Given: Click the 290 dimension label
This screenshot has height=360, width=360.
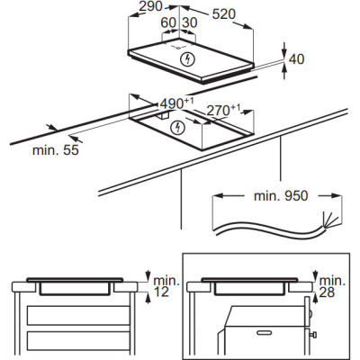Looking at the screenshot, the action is pyautogui.click(x=150, y=6).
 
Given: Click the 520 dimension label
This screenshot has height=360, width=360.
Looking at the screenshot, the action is pyautogui.click(x=224, y=13).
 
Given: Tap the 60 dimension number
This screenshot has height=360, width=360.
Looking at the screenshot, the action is pyautogui.click(x=168, y=22).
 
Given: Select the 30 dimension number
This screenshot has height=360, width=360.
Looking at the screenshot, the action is pyautogui.click(x=190, y=22).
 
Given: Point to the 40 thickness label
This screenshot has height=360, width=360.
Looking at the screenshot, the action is pyautogui.click(x=296, y=59).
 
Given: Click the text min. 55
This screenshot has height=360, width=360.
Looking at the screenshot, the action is pyautogui.click(x=56, y=149).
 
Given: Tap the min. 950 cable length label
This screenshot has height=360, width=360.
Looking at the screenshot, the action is pyautogui.click(x=281, y=195).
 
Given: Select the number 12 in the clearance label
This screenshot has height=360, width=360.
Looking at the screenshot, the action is pyautogui.click(x=161, y=292).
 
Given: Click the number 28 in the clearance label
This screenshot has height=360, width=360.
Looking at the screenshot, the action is pyautogui.click(x=327, y=292).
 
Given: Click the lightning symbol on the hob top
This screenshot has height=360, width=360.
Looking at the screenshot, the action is pyautogui.click(x=188, y=58).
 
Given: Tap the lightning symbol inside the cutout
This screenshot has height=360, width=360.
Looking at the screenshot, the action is pyautogui.click(x=178, y=128).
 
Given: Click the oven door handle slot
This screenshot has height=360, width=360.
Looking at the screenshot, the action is pyautogui.click(x=265, y=332).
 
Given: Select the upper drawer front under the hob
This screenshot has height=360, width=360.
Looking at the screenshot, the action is pyautogui.click(x=78, y=315).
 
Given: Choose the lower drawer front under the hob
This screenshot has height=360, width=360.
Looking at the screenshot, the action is pyautogui.click(x=78, y=341).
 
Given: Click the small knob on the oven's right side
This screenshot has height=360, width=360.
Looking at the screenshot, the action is pyautogui.click(x=314, y=334).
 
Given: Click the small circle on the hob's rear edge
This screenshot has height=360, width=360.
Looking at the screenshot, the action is pyautogui.click(x=178, y=47).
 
